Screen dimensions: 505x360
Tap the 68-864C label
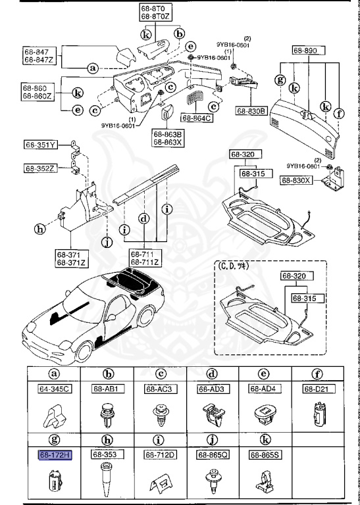point(200,118)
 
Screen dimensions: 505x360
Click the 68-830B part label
point(249,112)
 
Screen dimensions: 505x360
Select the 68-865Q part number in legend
point(211,454)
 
